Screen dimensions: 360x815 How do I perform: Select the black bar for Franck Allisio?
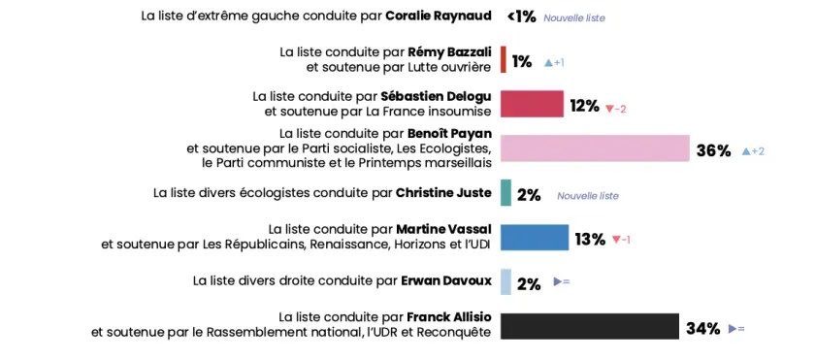pyautogui.click(x=589, y=327)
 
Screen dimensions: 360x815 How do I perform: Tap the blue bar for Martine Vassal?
pyautogui.click(x=535, y=238)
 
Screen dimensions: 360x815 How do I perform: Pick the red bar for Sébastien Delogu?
pyautogui.click(x=532, y=105)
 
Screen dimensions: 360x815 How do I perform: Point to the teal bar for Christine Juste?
pyautogui.click(x=505, y=193)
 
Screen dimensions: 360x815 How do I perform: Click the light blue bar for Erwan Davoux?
pyautogui.click(x=505, y=282)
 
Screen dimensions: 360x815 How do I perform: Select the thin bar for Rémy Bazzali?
pyautogui.click(x=504, y=60)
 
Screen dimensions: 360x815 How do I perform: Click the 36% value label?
pyautogui.click(x=713, y=150)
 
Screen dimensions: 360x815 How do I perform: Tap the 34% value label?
pyautogui.click(x=702, y=329)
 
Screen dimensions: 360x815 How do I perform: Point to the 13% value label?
pyautogui.click(x=590, y=239)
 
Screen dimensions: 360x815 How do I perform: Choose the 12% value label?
pyautogui.click(x=584, y=107)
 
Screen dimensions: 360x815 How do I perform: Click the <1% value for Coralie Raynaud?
pyautogui.click(x=521, y=16)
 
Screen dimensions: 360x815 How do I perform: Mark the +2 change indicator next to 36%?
pyautogui.click(x=753, y=151)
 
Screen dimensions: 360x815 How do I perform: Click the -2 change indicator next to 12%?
pyautogui.click(x=616, y=108)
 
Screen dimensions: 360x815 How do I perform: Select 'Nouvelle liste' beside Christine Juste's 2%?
pyautogui.click(x=587, y=196)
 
